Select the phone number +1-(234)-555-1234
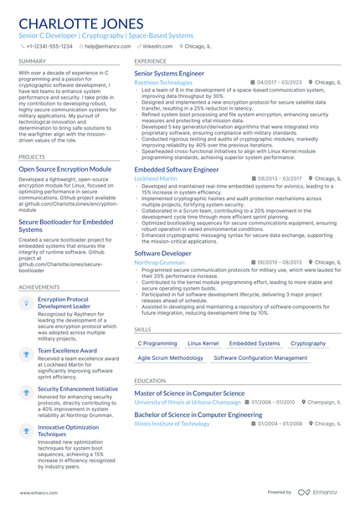(49, 47)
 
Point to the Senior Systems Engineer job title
(169, 74)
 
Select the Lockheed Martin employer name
(156, 178)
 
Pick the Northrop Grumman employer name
(159, 262)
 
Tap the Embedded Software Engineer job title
(177, 169)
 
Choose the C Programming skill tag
(157, 343)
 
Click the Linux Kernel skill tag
(203, 343)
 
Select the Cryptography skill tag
(308, 343)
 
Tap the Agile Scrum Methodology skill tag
(170, 357)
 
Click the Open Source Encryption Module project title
(64, 168)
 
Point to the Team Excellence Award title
(67, 350)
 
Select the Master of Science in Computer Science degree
(189, 393)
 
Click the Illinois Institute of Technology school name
(172, 424)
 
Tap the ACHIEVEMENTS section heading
(39, 286)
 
